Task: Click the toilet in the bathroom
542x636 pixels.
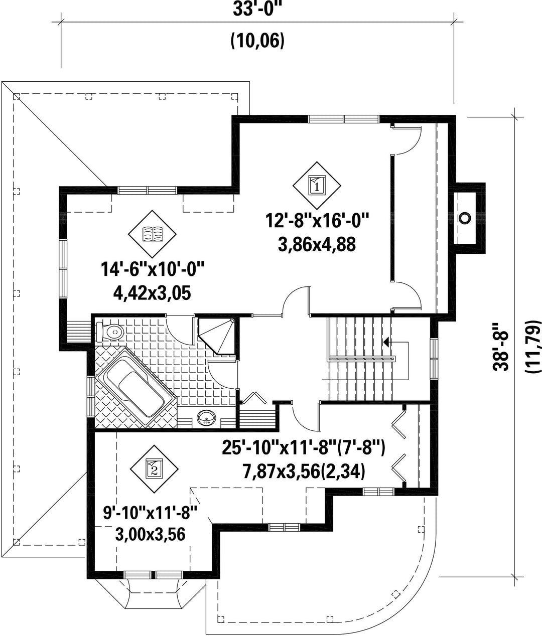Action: coord(110,332)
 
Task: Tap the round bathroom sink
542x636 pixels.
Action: coord(206,418)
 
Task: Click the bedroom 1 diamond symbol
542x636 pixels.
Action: coord(317,186)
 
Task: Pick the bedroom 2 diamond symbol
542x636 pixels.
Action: coord(154,468)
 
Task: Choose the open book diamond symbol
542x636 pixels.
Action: coord(152,234)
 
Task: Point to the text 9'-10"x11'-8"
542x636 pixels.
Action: coord(150,513)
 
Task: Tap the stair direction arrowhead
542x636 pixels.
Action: coord(386,342)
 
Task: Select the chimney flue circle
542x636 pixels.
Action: coord(465,218)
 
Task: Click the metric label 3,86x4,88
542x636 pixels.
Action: coord(317,245)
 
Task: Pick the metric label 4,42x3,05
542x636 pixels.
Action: coord(152,293)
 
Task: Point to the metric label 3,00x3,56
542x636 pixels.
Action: coord(150,534)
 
